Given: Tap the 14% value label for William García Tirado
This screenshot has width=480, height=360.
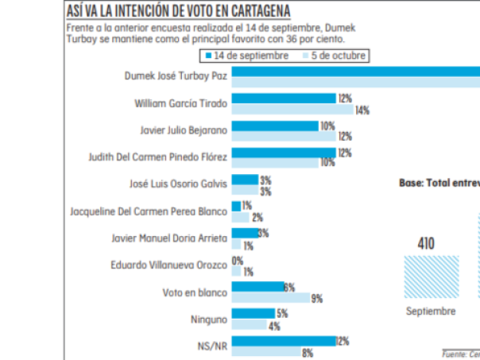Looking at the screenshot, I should point(362,110).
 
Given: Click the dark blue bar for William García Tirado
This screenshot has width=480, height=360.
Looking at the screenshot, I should point(284,99).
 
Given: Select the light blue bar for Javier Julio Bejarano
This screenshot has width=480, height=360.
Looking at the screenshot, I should point(284,137).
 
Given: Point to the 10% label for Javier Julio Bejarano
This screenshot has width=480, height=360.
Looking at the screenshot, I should point(327,126).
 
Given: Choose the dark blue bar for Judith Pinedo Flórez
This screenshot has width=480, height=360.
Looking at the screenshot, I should point(284,153).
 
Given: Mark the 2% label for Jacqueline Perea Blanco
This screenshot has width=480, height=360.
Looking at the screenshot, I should point(257,218).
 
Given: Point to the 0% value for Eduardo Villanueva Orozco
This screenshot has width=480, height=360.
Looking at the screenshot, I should point(238,261).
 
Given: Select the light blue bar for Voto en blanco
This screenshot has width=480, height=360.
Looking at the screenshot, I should point(271,298).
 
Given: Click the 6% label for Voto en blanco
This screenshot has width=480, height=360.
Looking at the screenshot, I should point(290,287).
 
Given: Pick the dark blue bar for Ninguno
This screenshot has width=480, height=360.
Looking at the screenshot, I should point(253,314).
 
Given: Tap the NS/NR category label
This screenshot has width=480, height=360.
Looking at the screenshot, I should point(214,346).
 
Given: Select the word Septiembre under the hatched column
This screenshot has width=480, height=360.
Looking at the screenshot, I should point(430,311).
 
